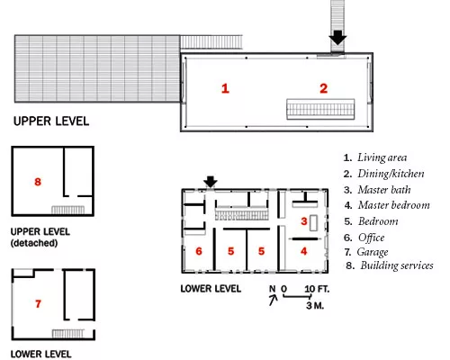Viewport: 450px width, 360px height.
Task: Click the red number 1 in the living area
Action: click(x=225, y=88)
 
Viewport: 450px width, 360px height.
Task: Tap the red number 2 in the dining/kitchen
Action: click(x=323, y=88)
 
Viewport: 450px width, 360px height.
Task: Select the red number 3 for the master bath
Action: click(x=304, y=221)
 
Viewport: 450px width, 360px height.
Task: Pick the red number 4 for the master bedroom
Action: click(x=304, y=251)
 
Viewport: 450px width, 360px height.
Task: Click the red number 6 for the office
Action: click(x=199, y=251)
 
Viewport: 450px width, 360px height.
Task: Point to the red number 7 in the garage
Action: click(x=38, y=304)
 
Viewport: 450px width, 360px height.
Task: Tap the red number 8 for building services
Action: click(x=38, y=182)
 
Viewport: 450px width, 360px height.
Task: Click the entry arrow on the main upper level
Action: click(x=337, y=38)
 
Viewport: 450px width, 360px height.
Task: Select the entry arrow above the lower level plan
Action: click(x=211, y=182)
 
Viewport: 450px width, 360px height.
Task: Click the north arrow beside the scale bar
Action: click(x=273, y=300)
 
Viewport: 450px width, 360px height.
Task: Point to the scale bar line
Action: click(x=297, y=296)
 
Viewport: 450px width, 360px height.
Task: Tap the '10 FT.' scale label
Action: click(x=317, y=289)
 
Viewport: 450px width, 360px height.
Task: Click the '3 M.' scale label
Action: click(x=315, y=306)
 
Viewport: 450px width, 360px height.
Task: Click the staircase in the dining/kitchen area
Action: click(x=320, y=109)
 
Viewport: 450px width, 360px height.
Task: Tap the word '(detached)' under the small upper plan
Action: click(x=34, y=243)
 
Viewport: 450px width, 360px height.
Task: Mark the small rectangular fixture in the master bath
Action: click(x=313, y=223)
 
